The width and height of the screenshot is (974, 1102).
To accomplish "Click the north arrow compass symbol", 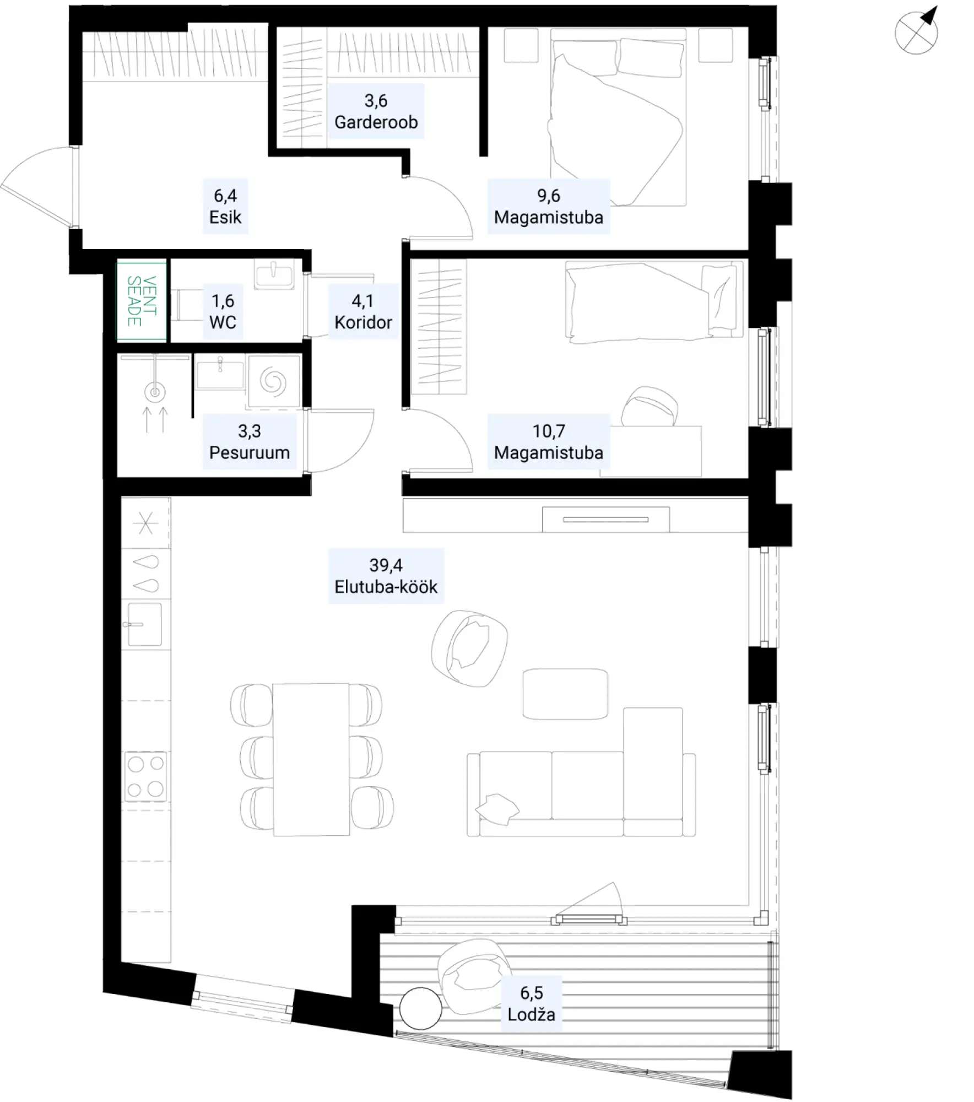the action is pyautogui.click(x=916, y=31).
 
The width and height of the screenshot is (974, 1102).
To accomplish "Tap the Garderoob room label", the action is pyautogui.click(x=376, y=111).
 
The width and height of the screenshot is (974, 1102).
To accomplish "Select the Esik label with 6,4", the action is pyautogui.click(x=225, y=207).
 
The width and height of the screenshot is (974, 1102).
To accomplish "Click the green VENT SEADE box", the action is pyautogui.click(x=142, y=300).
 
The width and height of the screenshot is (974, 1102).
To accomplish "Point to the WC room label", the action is pyautogui.click(x=223, y=311).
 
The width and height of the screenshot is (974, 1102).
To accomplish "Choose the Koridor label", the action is pyautogui.click(x=363, y=311).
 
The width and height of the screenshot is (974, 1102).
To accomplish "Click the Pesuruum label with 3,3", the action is pyautogui.click(x=250, y=442).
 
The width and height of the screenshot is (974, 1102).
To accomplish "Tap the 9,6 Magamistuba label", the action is pyautogui.click(x=549, y=207).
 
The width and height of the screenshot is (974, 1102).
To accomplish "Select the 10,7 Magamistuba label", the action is pyautogui.click(x=549, y=442).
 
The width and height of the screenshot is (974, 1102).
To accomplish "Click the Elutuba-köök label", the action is pyautogui.click(x=386, y=576).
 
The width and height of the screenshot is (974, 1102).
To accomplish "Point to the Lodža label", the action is pyautogui.click(x=532, y=1003).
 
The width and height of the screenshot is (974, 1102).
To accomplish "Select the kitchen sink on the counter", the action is pyautogui.click(x=145, y=624).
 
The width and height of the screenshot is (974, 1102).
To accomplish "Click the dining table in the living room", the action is pyautogui.click(x=311, y=759).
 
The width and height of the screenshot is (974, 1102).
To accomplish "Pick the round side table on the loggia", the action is pyautogui.click(x=421, y=1009).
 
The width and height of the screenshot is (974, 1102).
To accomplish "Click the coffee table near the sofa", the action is pyautogui.click(x=565, y=694).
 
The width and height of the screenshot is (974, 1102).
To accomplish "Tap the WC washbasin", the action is pyautogui.click(x=274, y=274).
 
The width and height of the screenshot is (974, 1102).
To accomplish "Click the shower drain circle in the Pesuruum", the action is pyautogui.click(x=155, y=392).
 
